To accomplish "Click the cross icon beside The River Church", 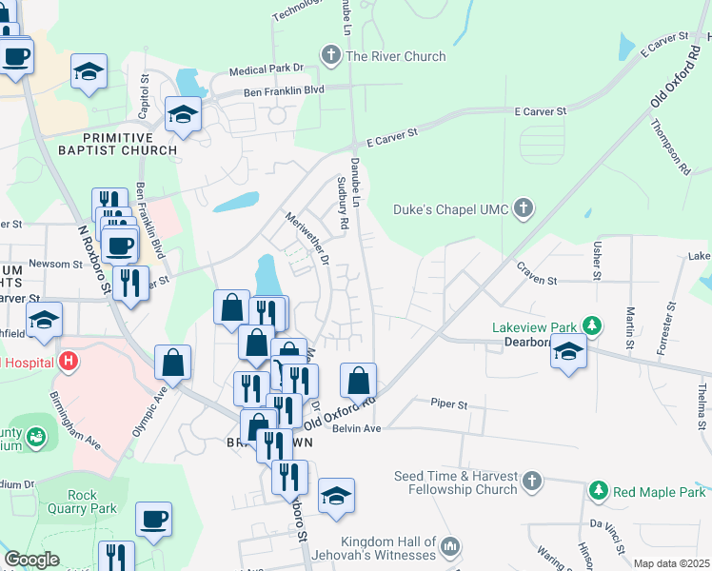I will [331, 55].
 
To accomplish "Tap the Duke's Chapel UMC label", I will [452, 208].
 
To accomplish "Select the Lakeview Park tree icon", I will [592, 326].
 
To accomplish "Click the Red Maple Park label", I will [659, 491].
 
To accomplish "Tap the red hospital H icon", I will [68, 362].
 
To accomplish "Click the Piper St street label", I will [448, 404].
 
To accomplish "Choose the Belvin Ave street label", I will [357, 429].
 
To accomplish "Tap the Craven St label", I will [537, 281].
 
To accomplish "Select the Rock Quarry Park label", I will [91, 502].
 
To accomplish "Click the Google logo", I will [31, 559].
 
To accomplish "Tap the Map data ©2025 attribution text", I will [671, 563].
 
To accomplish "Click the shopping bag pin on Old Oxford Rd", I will [358, 380].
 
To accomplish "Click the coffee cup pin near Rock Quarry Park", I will [153, 519].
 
